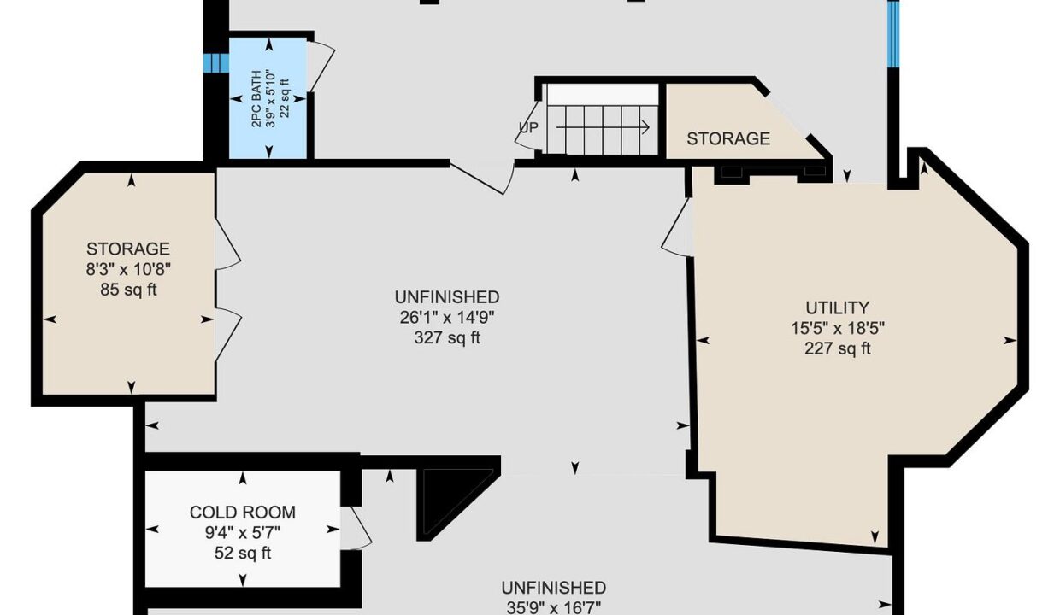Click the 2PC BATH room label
coord(256,99)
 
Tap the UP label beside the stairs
coord(528,127)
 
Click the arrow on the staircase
coord(603,127)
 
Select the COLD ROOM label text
coord(242,512)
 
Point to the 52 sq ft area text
coord(242,553)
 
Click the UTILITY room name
coord(837,307)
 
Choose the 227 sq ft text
coord(837,348)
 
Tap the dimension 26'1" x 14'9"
coord(447,317)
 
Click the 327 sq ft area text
coord(447,337)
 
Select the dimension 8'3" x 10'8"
coord(127,269)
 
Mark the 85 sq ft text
coord(127,290)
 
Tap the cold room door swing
coord(356,529)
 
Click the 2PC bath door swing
coord(321,66)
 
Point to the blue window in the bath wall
coord(216,63)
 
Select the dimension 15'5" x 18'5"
coord(837,328)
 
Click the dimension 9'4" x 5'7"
coord(242,533)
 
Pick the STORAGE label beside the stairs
coord(727,138)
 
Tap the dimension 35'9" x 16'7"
coord(554,607)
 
